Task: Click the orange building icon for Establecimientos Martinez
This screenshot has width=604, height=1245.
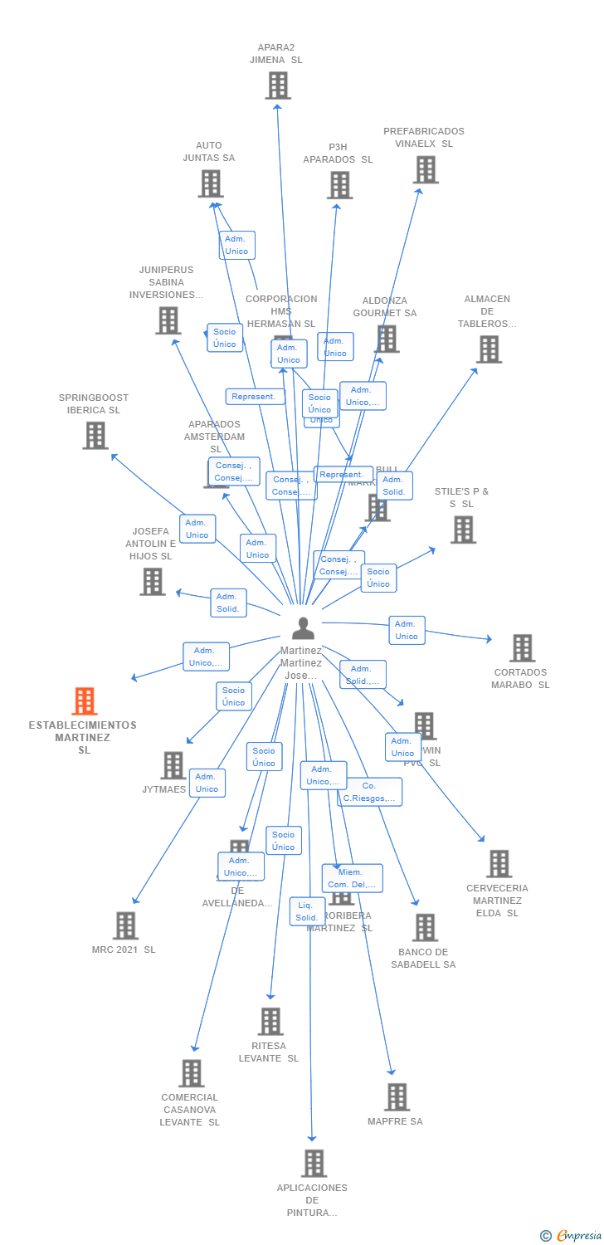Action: point(84,701)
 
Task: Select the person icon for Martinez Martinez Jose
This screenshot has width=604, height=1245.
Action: point(303,628)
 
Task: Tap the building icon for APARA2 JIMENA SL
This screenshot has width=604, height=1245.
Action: point(278,85)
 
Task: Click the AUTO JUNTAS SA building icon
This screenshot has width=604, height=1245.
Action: point(211,183)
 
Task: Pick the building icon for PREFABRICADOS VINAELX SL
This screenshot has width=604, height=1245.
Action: point(426,169)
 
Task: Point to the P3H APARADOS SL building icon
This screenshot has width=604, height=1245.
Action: point(339,185)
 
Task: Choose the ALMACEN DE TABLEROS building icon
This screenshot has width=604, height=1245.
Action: point(489,349)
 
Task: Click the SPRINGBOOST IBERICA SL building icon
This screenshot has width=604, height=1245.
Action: point(95,435)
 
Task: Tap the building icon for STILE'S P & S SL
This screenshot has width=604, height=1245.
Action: point(463,530)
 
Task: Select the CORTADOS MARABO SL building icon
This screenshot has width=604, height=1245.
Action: point(522,648)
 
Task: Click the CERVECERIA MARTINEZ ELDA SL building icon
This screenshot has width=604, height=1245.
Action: point(499,864)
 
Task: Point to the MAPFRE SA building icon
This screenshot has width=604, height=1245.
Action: point(397,1097)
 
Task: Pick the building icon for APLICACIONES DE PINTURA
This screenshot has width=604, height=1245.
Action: point(314,1164)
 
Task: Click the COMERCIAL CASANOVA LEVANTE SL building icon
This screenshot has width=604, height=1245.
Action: point(192,1073)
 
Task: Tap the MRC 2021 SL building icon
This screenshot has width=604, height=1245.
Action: point(125,925)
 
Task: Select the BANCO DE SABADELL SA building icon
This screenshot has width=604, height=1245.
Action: point(424,928)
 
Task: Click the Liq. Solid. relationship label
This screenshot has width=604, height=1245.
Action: point(307,911)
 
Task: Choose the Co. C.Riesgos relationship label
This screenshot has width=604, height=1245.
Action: point(369,792)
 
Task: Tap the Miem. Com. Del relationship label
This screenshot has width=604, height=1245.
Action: point(352,878)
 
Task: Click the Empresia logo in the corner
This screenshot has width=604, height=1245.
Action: point(572,1236)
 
